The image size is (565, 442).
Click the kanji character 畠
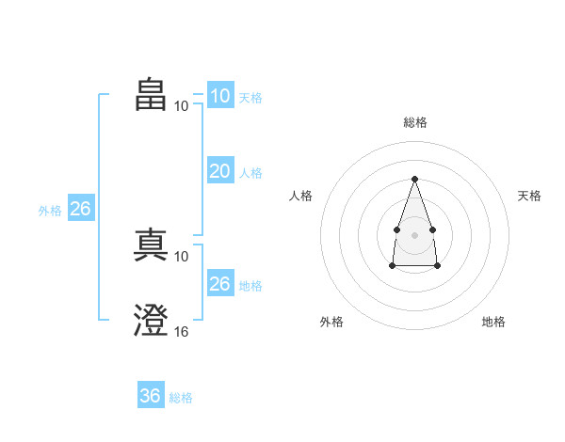(x=152, y=95)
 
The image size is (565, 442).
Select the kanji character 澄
(x=152, y=321)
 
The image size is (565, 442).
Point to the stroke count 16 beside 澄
(x=182, y=331)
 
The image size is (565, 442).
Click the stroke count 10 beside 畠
(x=182, y=105)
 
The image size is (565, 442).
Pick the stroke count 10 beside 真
(x=182, y=256)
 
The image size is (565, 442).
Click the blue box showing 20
(x=219, y=171)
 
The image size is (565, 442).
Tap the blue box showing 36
(x=150, y=396)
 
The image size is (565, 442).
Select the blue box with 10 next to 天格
(x=219, y=96)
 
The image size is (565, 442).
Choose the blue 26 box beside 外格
(x=80, y=209)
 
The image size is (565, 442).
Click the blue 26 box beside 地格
(x=219, y=284)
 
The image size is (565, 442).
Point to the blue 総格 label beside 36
(x=181, y=398)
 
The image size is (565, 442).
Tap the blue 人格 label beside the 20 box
(x=250, y=173)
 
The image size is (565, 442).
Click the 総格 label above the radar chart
(x=414, y=122)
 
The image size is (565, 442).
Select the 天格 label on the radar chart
(x=529, y=196)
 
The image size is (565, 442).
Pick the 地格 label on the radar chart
(x=493, y=322)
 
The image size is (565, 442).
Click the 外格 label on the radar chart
(x=331, y=322)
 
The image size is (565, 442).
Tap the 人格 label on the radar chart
(x=301, y=196)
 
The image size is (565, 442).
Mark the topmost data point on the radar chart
(x=414, y=179)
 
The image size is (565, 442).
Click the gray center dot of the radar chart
(x=414, y=233)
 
